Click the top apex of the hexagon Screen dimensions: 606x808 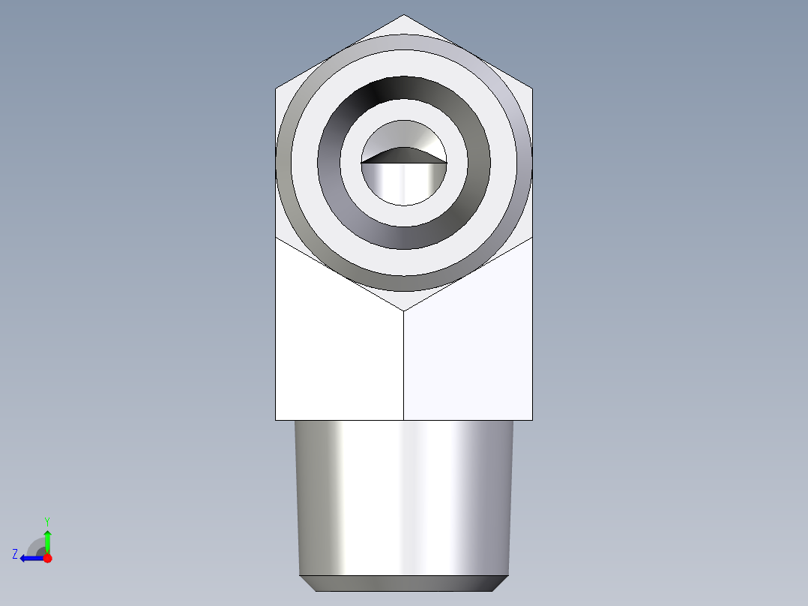404,15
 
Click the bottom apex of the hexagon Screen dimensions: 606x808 404,310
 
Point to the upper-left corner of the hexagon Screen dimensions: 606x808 276,89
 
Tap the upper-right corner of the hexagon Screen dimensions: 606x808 532,89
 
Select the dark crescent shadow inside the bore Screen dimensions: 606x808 403,154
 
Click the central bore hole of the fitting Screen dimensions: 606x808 404,180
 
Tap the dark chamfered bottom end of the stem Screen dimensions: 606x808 404,583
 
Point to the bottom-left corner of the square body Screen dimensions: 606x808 276,419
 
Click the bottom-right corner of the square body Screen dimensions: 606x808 532,419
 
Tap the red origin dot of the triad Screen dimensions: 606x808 47,558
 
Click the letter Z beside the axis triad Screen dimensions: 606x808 15,554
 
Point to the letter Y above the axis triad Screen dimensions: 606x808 47,521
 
